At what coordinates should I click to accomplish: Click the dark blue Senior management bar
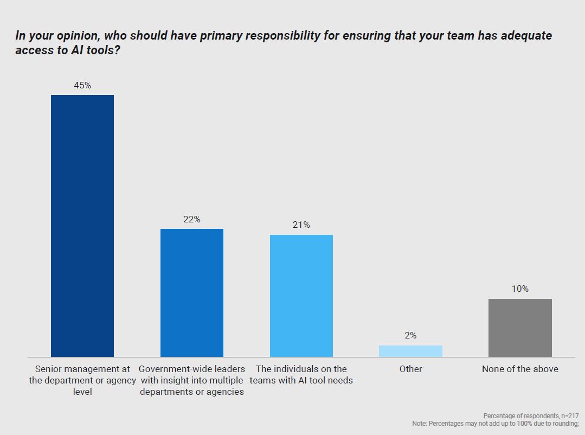coord(82,226)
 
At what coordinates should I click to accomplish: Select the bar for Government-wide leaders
coord(192,293)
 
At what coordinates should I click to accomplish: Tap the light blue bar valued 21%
coord(301,296)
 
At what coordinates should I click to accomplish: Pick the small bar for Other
coord(410,351)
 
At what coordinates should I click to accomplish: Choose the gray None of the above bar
coord(520,328)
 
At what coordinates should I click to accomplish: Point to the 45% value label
coord(82,86)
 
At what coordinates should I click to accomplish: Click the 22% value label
coord(192,219)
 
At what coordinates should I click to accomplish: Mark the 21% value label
coord(301,225)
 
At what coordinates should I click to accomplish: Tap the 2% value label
coord(410,336)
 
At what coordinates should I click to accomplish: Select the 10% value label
coord(520,289)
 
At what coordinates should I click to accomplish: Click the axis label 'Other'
coord(410,369)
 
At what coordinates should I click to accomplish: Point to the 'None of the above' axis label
coord(520,369)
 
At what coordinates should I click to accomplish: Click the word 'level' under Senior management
coord(82,392)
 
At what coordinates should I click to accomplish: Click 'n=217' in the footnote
coord(568,415)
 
